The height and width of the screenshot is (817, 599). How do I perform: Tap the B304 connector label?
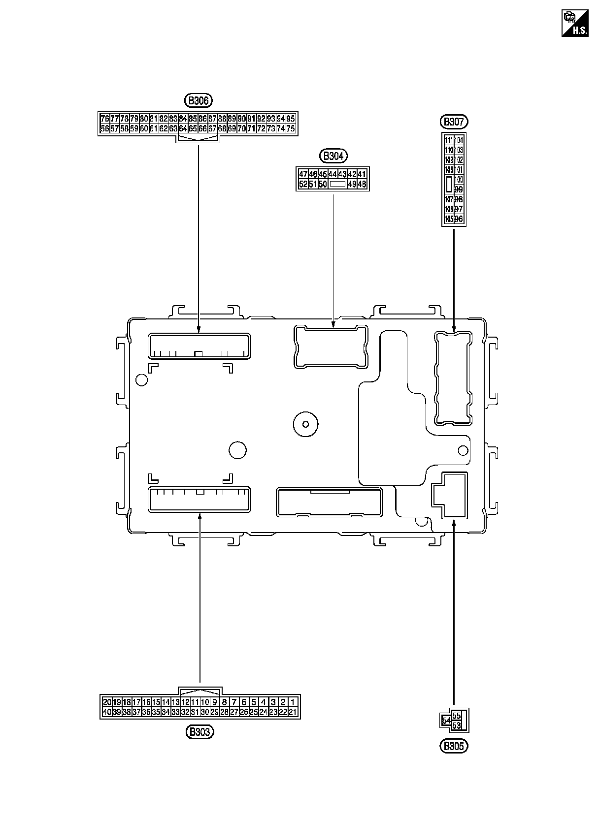click(333, 157)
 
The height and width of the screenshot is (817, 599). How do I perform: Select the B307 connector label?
click(453, 122)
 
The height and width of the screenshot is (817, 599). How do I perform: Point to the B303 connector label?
click(200, 732)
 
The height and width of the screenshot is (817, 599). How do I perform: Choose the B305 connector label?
click(453, 746)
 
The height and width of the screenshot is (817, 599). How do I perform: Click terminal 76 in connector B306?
click(104, 119)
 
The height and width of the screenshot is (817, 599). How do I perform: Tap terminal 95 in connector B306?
click(291, 119)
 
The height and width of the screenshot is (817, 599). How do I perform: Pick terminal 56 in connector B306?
click(104, 128)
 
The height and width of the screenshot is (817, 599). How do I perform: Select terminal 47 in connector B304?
click(303, 174)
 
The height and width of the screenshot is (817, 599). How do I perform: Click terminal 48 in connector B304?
click(362, 184)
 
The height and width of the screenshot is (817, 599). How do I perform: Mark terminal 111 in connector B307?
click(449, 140)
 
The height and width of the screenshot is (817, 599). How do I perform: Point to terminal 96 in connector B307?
click(459, 219)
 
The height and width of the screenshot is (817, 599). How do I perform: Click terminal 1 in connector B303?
click(293, 702)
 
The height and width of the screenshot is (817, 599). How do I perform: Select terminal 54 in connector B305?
click(446, 721)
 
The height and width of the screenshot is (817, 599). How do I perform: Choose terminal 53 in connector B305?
click(457, 726)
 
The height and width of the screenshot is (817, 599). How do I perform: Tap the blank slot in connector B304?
click(337, 184)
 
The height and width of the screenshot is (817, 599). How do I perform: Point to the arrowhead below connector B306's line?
click(199, 329)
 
